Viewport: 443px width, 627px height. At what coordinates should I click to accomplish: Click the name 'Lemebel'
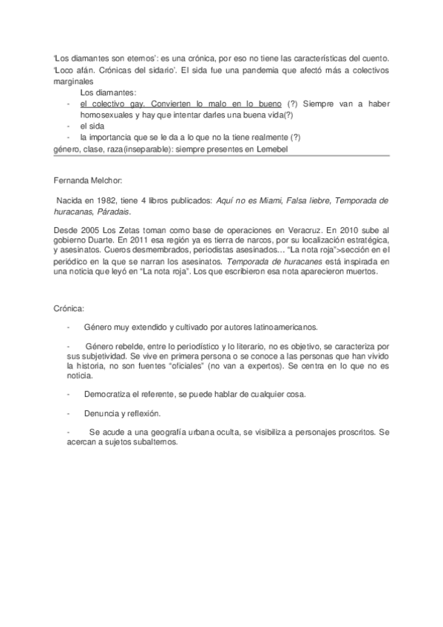point(269,149)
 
